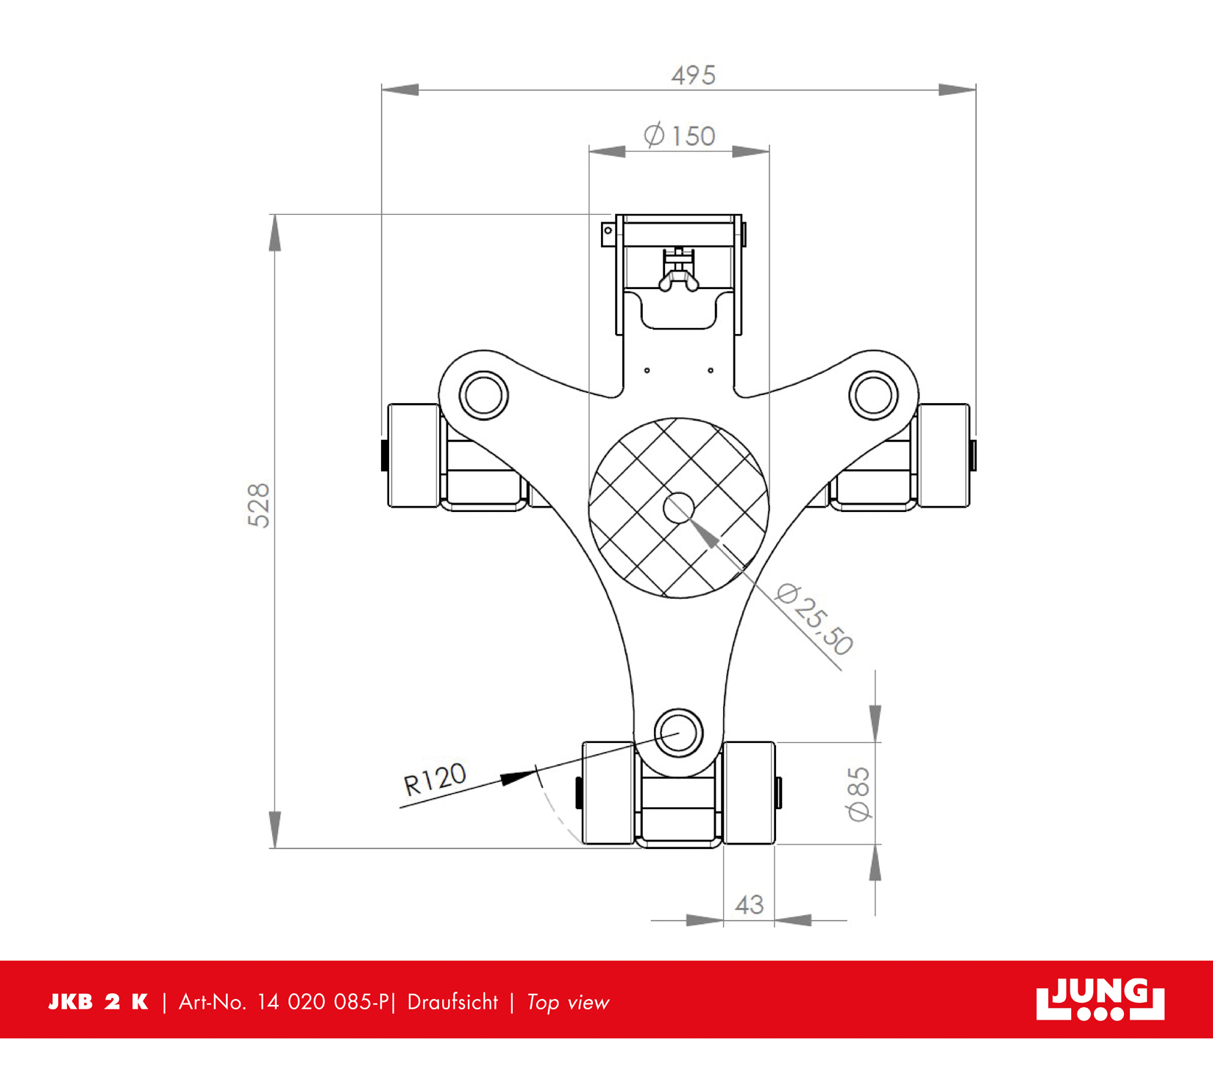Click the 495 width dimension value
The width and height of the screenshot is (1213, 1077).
[x=693, y=75]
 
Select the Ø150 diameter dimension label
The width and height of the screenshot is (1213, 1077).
[x=679, y=135]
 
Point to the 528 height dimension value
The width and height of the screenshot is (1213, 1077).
[x=259, y=505]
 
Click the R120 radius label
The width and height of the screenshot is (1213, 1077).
[x=435, y=779]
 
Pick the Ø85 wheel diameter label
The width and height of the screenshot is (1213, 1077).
[x=858, y=794]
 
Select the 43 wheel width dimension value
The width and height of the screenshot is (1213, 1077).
[x=749, y=904]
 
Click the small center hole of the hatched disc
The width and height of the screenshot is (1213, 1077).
[x=678, y=508]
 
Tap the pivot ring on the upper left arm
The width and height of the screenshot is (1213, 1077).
[x=483, y=395]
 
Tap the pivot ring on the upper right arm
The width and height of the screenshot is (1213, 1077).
[x=873, y=395]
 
